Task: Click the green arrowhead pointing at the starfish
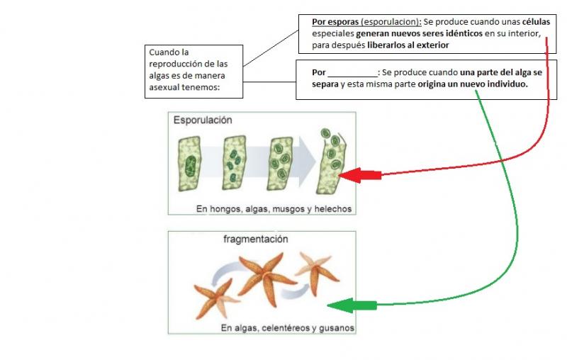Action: (340, 306)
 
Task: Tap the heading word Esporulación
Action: (203, 120)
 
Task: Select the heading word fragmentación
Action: (256, 240)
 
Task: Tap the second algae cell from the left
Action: (235, 166)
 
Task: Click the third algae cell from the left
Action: (279, 164)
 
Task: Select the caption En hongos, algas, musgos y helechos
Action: (274, 209)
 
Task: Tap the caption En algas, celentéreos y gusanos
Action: (287, 329)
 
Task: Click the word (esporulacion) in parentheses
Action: (391, 22)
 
